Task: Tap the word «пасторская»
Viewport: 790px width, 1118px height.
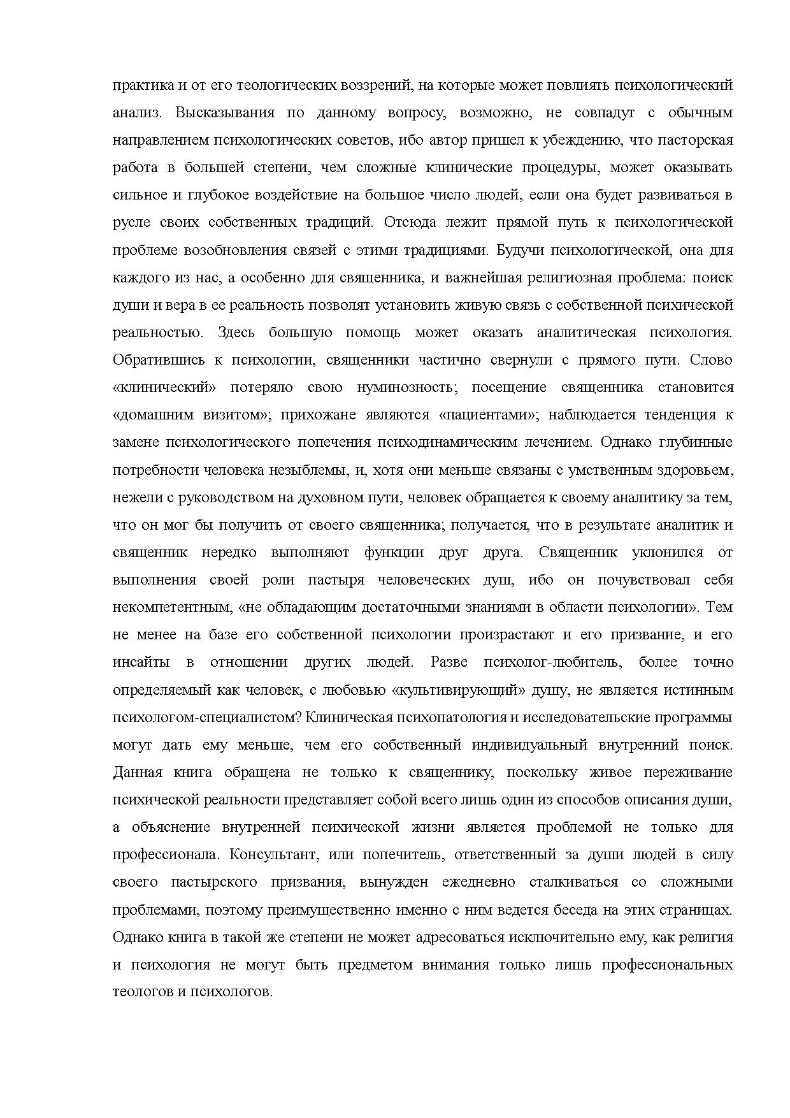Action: pyautogui.click(x=699, y=140)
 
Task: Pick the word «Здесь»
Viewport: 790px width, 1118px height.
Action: pyautogui.click(x=236, y=333)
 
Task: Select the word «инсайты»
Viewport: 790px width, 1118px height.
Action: pyautogui.click(x=141, y=662)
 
